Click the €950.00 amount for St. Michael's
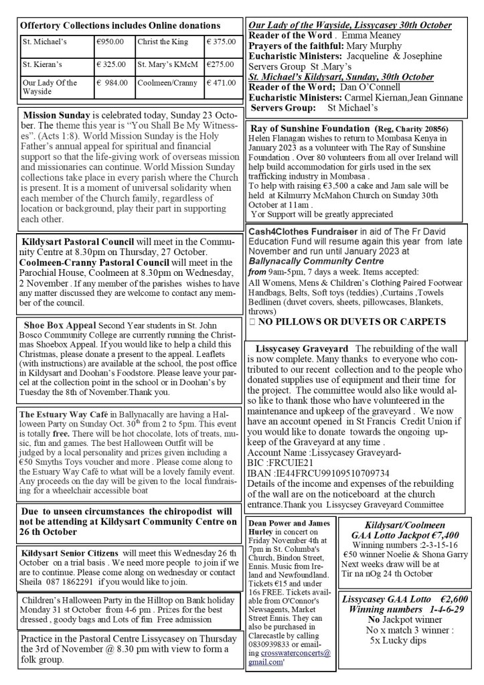110,41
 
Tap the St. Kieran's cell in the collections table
39,65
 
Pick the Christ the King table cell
159,41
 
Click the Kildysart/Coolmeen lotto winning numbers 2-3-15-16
408,544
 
